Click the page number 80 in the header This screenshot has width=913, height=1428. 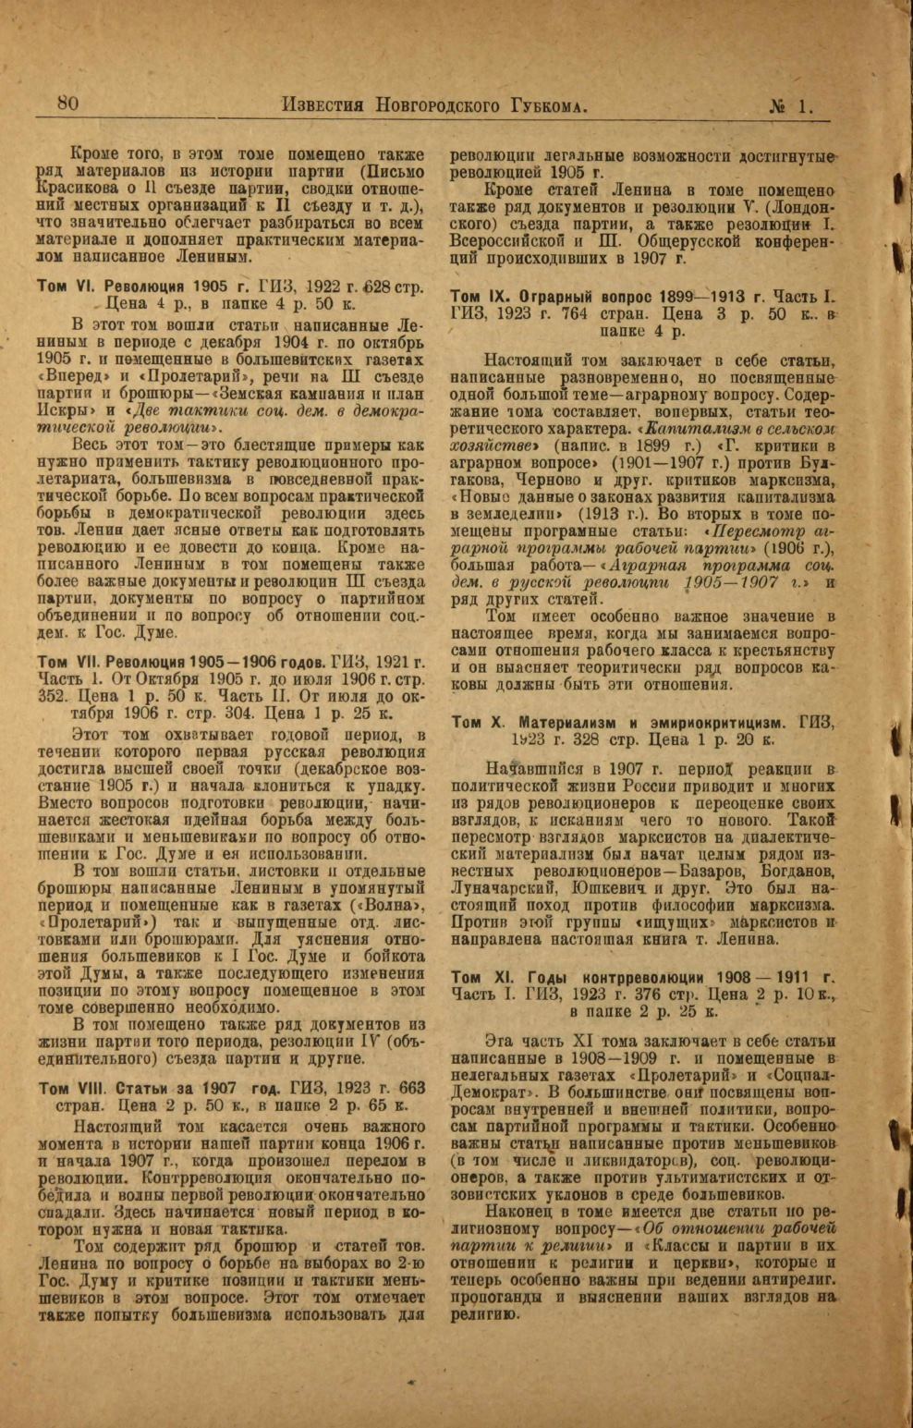point(67,104)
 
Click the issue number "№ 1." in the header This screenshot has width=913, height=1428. point(791,105)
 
